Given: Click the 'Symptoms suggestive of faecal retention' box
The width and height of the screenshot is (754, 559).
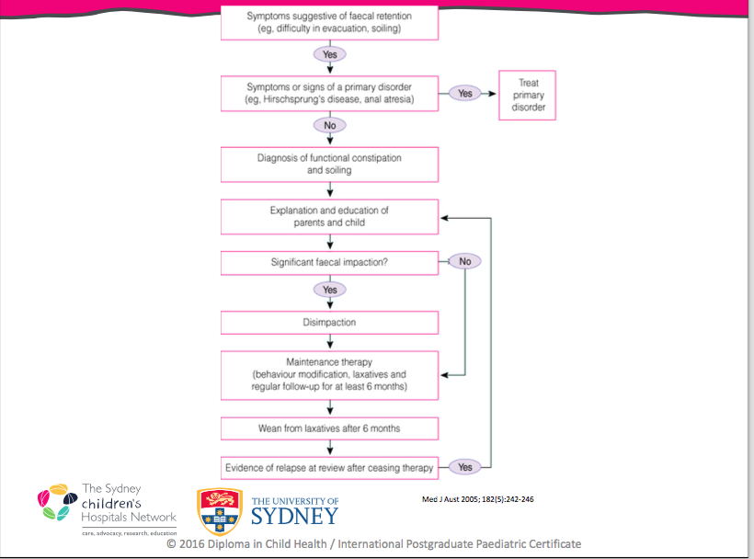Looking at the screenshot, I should pyautogui.click(x=329, y=22).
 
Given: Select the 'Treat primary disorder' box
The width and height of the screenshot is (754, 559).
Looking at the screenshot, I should pyautogui.click(x=528, y=96).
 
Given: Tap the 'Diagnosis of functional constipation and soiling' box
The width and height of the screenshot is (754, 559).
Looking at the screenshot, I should pyautogui.click(x=329, y=164).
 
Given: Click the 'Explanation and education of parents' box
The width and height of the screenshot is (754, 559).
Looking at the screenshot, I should pyautogui.click(x=329, y=216).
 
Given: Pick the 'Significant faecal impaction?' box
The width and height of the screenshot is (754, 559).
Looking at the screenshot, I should pyautogui.click(x=329, y=262).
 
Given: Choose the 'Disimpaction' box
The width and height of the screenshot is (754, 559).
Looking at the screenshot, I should pyautogui.click(x=329, y=323).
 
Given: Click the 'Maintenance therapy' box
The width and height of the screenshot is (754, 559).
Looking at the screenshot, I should pyautogui.click(x=329, y=375).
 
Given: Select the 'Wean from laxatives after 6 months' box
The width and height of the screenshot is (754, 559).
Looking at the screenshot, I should pyautogui.click(x=329, y=428).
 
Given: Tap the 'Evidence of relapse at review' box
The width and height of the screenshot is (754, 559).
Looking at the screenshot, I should pyautogui.click(x=329, y=467).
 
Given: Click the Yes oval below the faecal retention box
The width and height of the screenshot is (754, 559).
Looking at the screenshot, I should pyautogui.click(x=329, y=54).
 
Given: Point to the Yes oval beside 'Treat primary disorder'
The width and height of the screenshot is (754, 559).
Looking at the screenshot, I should pyautogui.click(x=465, y=93).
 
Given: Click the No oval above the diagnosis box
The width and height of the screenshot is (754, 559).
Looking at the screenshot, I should pyautogui.click(x=329, y=124).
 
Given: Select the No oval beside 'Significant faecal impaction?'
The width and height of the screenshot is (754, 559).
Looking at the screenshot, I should pyautogui.click(x=465, y=262).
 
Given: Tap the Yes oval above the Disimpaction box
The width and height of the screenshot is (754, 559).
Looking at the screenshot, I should pyautogui.click(x=329, y=290).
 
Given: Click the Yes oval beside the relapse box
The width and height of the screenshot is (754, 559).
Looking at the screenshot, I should pyautogui.click(x=465, y=467).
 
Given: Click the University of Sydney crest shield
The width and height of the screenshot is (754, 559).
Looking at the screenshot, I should pyautogui.click(x=220, y=511).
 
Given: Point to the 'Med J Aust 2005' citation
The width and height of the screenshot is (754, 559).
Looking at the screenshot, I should pyautogui.click(x=477, y=499).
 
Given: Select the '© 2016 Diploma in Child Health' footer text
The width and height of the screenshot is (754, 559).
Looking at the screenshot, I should pyautogui.click(x=373, y=543).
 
